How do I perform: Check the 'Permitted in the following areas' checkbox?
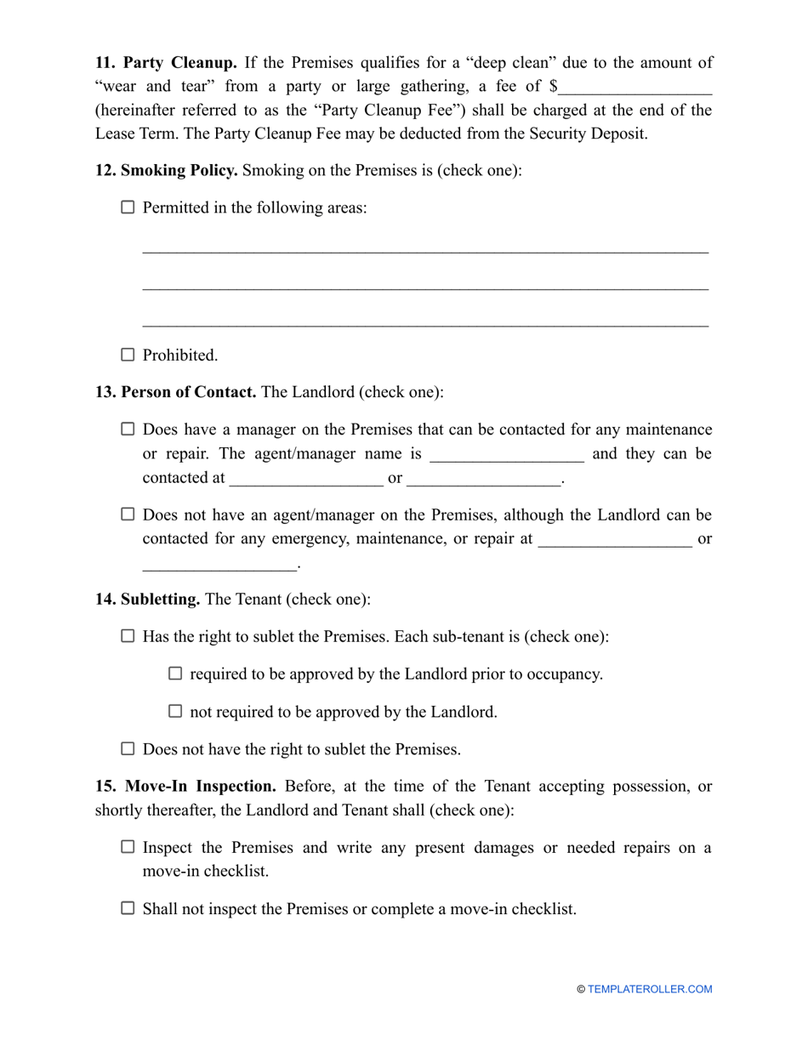pyautogui.click(x=128, y=207)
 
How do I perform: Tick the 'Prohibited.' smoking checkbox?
pyautogui.click(x=128, y=355)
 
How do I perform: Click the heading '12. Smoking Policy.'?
pyautogui.click(x=167, y=170)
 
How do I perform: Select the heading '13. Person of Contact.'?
pyautogui.click(x=176, y=392)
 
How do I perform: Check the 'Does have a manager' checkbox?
pyautogui.click(x=128, y=429)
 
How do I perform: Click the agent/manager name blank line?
pyautogui.click(x=507, y=454)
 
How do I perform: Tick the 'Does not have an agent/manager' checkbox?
pyautogui.click(x=128, y=514)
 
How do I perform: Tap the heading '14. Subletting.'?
pyautogui.click(x=148, y=600)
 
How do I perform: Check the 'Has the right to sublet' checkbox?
pyautogui.click(x=128, y=636)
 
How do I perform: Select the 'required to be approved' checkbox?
pyautogui.click(x=175, y=674)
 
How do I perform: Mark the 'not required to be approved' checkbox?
pyautogui.click(x=175, y=711)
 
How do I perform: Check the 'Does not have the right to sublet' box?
pyautogui.click(x=128, y=749)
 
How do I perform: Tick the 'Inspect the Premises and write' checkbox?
pyautogui.click(x=128, y=847)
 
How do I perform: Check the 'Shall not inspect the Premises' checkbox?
pyautogui.click(x=128, y=908)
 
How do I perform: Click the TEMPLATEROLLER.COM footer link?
pyautogui.click(x=650, y=989)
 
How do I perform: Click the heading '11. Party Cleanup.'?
pyautogui.click(x=166, y=63)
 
